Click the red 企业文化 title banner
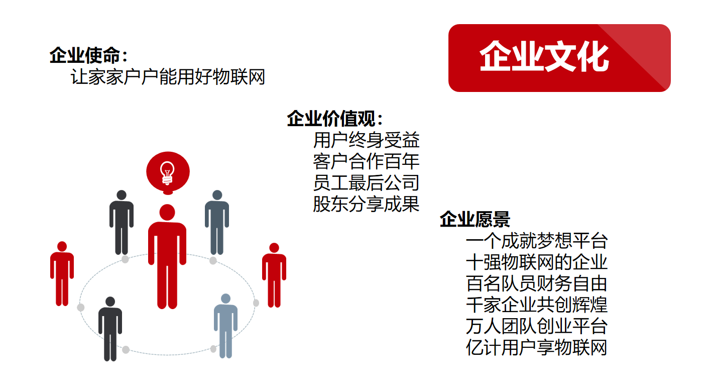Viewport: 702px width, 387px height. pos(559,58)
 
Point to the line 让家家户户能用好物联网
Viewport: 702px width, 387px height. pos(168,77)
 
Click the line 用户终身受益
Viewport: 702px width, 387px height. pos(366,140)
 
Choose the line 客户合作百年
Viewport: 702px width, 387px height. pos(366,161)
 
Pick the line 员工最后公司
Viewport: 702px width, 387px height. pos(366,182)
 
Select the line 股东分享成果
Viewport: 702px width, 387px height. pos(366,204)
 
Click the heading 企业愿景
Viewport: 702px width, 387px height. pos(475,219)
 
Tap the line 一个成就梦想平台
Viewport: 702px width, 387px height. pos(536,241)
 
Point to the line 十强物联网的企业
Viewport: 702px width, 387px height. pos(536,262)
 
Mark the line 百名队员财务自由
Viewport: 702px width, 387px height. pos(536,283)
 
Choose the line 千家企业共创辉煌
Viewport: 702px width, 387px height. pos(536,305)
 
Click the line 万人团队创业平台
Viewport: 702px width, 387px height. pos(536,326)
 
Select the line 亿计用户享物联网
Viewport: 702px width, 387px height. pos(536,347)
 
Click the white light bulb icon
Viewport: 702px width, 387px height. pos(167,173)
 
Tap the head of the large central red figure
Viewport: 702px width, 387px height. pos(167,212)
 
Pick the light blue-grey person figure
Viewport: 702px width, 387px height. pos(225,326)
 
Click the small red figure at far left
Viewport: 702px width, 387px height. pos(62,273)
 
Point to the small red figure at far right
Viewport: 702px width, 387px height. pos(274,275)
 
